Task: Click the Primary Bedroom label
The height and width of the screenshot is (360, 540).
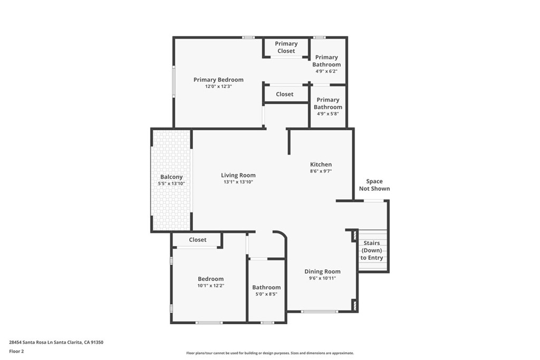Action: tap(218, 80)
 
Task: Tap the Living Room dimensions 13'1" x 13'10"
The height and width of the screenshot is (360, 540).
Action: tap(238, 182)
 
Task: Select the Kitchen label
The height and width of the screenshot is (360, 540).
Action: tap(321, 164)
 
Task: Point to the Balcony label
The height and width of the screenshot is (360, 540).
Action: tap(171, 177)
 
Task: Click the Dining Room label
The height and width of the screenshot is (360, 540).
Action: tap(322, 271)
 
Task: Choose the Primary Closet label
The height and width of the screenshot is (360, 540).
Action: tap(286, 47)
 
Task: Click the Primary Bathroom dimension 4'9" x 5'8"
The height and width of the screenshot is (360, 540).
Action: tap(327, 113)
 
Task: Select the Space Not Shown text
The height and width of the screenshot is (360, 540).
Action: tap(374, 185)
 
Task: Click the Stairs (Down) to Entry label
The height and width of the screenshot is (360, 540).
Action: tap(372, 250)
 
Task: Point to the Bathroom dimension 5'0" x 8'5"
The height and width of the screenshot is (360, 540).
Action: tap(266, 294)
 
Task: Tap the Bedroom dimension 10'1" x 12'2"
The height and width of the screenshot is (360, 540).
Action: tap(210, 286)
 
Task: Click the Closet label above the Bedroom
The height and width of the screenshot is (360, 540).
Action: tap(198, 240)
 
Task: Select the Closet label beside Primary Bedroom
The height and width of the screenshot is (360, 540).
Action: tap(285, 94)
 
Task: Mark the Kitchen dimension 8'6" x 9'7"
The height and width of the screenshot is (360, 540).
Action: tap(321, 171)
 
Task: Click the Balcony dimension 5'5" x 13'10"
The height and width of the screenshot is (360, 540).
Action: tap(171, 184)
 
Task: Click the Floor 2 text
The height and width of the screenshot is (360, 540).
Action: tap(16, 351)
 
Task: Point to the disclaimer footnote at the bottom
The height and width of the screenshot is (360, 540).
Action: tap(269, 353)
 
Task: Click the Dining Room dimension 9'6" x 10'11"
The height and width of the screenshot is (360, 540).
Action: tap(322, 278)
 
